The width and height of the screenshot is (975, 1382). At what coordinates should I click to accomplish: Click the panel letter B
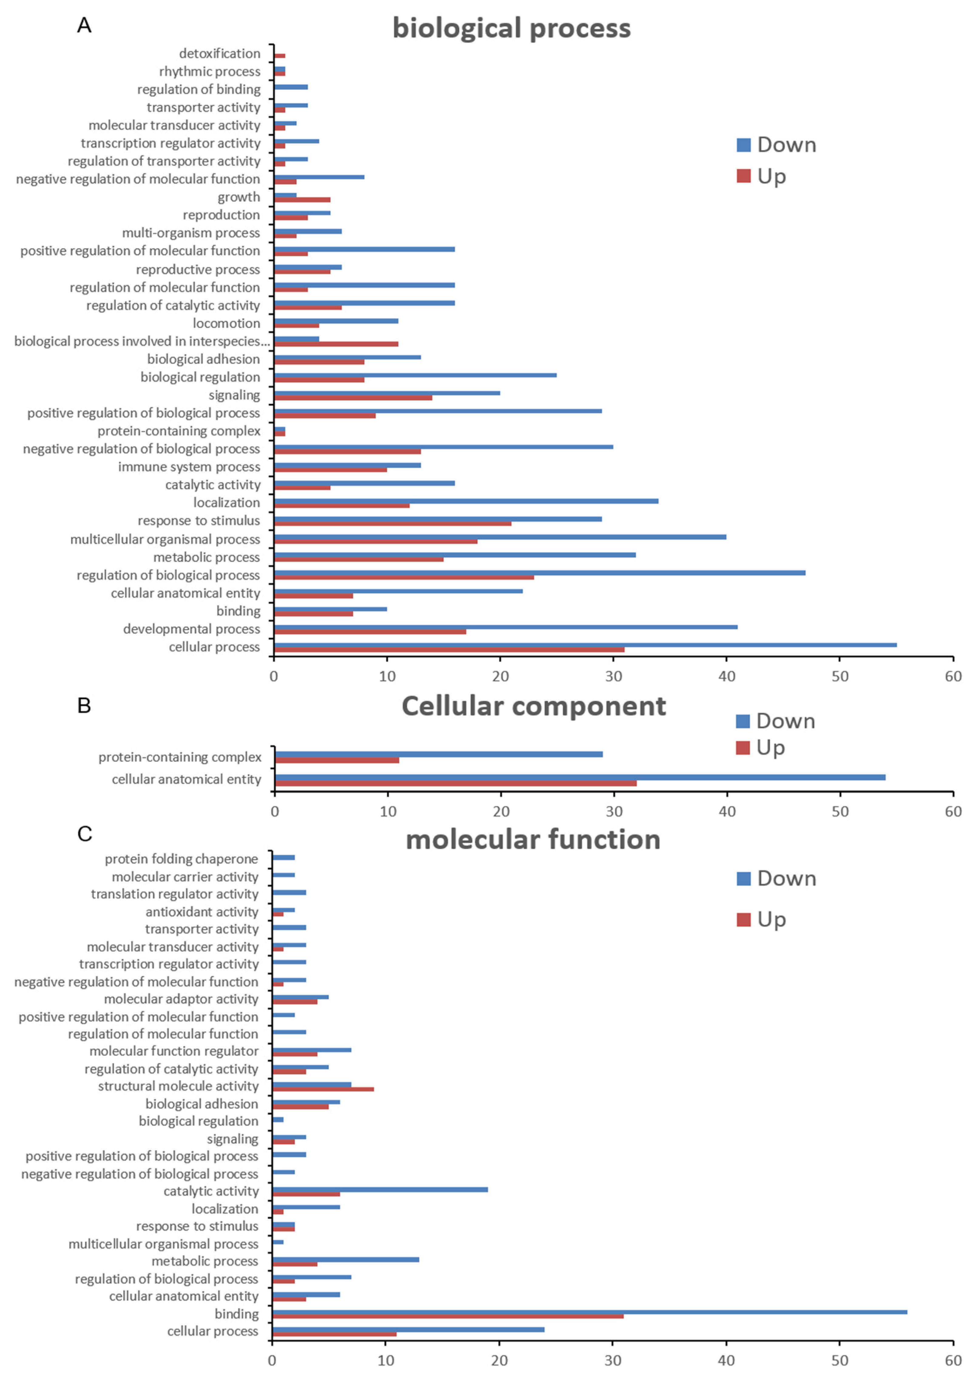(84, 705)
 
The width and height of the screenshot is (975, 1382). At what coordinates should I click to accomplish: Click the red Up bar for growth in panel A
(302, 199)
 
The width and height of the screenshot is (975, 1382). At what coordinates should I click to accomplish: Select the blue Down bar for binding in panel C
(590, 1312)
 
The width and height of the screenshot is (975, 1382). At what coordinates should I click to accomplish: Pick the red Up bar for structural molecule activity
(323, 1089)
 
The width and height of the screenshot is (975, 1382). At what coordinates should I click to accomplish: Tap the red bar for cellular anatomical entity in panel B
(455, 783)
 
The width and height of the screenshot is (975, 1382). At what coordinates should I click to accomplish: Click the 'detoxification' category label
(220, 54)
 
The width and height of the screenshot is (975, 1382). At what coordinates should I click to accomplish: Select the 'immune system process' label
(189, 467)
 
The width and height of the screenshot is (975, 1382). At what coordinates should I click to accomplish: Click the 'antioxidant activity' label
(201, 912)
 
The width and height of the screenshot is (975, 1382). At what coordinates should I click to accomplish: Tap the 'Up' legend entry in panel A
(762, 176)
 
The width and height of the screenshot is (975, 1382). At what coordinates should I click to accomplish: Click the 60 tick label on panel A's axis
(953, 676)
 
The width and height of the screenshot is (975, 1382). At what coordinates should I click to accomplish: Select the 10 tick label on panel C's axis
(386, 1360)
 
